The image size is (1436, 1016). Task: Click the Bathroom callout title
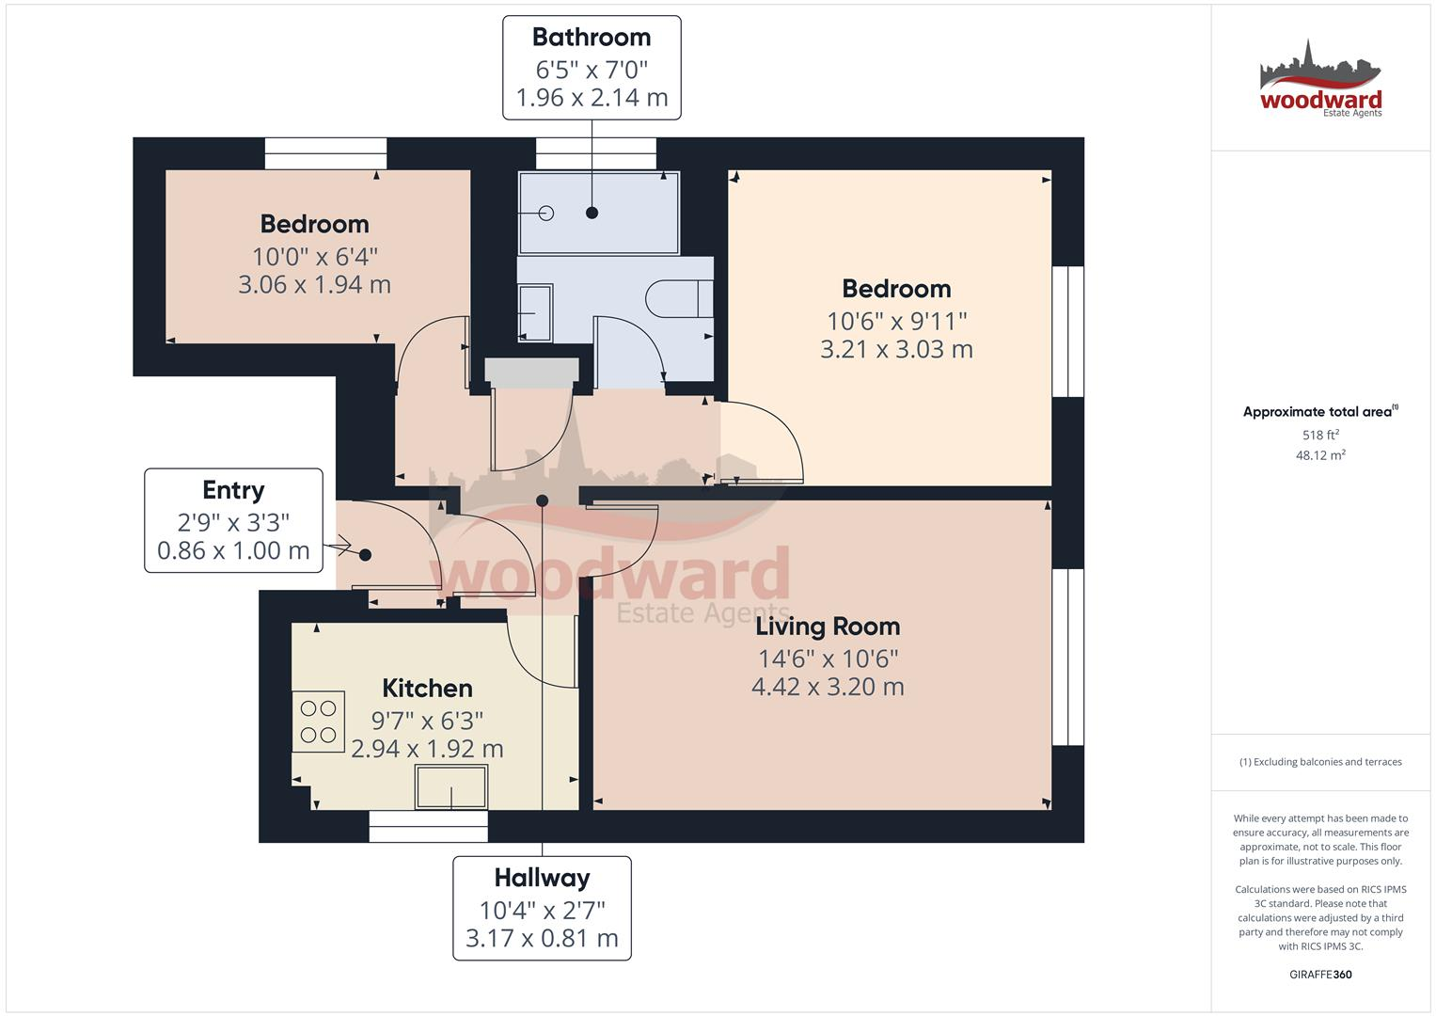click(x=592, y=38)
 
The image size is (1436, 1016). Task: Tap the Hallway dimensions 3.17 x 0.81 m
click(x=542, y=938)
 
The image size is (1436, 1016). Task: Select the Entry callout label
click(x=233, y=490)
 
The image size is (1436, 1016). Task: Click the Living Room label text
click(x=828, y=627)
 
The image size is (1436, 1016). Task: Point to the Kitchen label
click(x=427, y=689)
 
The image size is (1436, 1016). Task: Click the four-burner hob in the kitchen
click(x=319, y=722)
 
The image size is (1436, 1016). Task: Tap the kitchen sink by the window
click(x=451, y=787)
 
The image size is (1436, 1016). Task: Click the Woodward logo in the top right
click(x=1320, y=80)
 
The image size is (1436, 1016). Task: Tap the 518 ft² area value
click(x=1320, y=436)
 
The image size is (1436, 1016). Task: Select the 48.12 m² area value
click(x=1320, y=455)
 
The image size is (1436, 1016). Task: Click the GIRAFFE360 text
click(x=1320, y=975)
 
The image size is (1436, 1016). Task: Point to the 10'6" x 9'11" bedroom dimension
click(x=896, y=322)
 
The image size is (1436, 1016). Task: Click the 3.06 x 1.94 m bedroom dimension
click(x=314, y=285)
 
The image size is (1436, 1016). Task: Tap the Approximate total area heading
click(x=1318, y=412)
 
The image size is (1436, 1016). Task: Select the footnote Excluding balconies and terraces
click(x=1320, y=762)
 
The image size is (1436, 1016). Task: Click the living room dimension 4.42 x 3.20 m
click(x=828, y=687)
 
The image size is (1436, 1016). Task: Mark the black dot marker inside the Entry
click(x=365, y=555)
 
